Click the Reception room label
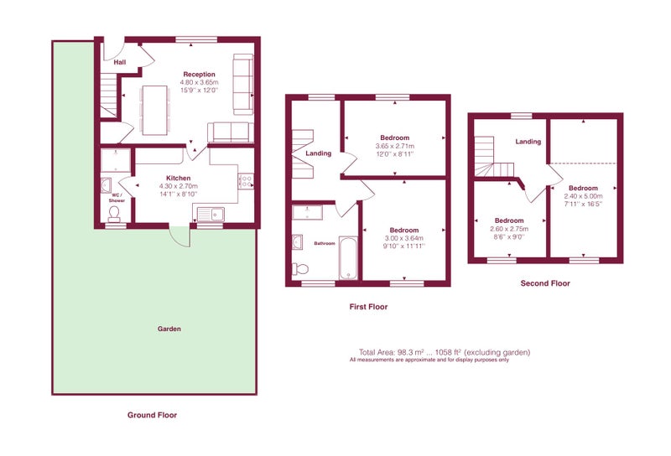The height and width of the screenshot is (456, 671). (x=199, y=75)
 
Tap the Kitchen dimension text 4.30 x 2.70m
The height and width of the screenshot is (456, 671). (x=179, y=186)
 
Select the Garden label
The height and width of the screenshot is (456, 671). (x=169, y=329)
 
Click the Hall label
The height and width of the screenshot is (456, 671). (x=120, y=63)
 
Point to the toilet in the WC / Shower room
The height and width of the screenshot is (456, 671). (x=114, y=214)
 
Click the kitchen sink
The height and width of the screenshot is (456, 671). (x=211, y=214)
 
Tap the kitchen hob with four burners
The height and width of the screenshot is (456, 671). (x=246, y=181)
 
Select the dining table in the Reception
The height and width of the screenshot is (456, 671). (x=154, y=111)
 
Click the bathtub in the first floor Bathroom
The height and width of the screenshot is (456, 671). (x=348, y=257)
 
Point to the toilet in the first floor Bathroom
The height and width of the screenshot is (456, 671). (x=300, y=269)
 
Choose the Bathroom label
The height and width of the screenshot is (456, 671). (x=325, y=243)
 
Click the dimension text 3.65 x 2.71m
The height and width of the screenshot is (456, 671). (x=394, y=147)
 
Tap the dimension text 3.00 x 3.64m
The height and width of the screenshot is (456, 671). (x=404, y=238)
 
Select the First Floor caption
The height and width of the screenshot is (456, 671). (x=368, y=307)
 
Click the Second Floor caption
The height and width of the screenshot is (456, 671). (x=545, y=283)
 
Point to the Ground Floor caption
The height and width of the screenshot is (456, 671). (x=152, y=415)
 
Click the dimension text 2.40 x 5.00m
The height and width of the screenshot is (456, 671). (x=583, y=196)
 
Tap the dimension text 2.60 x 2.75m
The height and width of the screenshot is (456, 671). (x=509, y=229)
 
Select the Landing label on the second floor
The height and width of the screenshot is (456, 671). (x=528, y=142)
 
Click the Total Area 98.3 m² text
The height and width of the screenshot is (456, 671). (x=392, y=353)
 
